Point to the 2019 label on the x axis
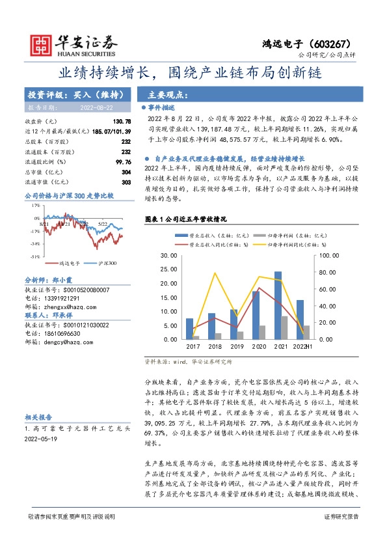click(237, 346)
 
